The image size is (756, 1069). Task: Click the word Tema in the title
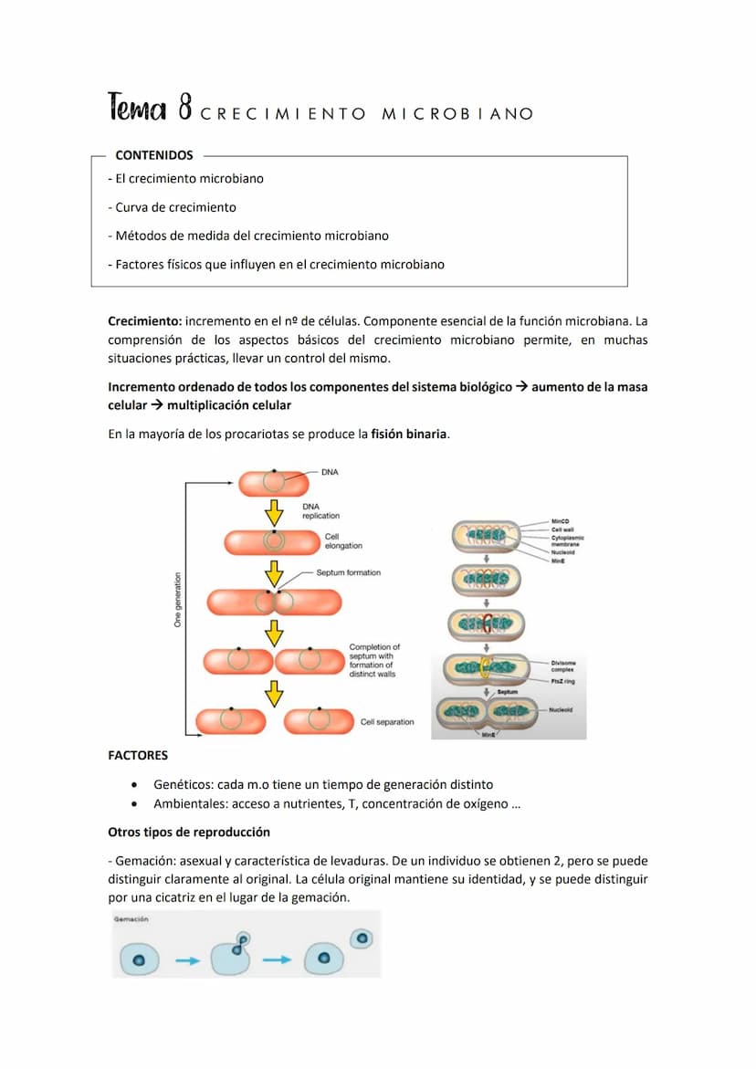pos(137,109)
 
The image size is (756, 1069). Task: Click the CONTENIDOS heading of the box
pos(154,155)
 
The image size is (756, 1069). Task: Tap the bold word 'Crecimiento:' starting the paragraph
pos(145,321)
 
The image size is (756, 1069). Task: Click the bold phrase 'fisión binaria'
pos(409,434)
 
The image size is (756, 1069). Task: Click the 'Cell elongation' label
pos(343,541)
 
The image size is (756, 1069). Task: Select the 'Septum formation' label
pos(348,572)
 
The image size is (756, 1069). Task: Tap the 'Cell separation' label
pos(386,722)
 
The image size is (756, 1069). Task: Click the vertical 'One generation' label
pos(177,600)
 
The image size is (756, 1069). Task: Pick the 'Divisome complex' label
pos(562,666)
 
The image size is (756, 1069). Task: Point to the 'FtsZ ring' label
pos(562,681)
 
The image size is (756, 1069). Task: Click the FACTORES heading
pos(138,756)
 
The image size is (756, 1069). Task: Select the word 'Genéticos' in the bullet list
pos(182,784)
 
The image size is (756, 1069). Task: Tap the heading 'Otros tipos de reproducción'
pos(189,833)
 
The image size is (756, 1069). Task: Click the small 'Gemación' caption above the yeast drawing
pos(131,919)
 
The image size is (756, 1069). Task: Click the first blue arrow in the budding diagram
pos(188,960)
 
